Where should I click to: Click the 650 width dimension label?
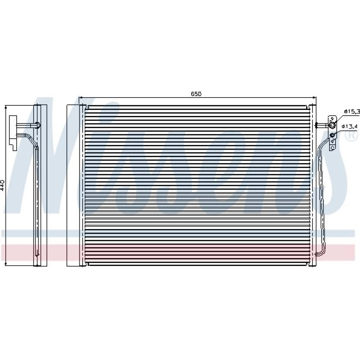(x=196, y=94)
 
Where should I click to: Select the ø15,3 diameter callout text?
(x=352, y=112)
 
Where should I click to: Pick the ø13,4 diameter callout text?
(x=350, y=126)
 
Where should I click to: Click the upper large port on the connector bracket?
(x=332, y=125)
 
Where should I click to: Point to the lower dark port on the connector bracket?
(x=332, y=135)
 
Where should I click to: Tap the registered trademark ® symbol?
(x=353, y=135)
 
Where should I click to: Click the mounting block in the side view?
(x=13, y=133)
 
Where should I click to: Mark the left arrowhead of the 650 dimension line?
(x=80, y=97)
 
